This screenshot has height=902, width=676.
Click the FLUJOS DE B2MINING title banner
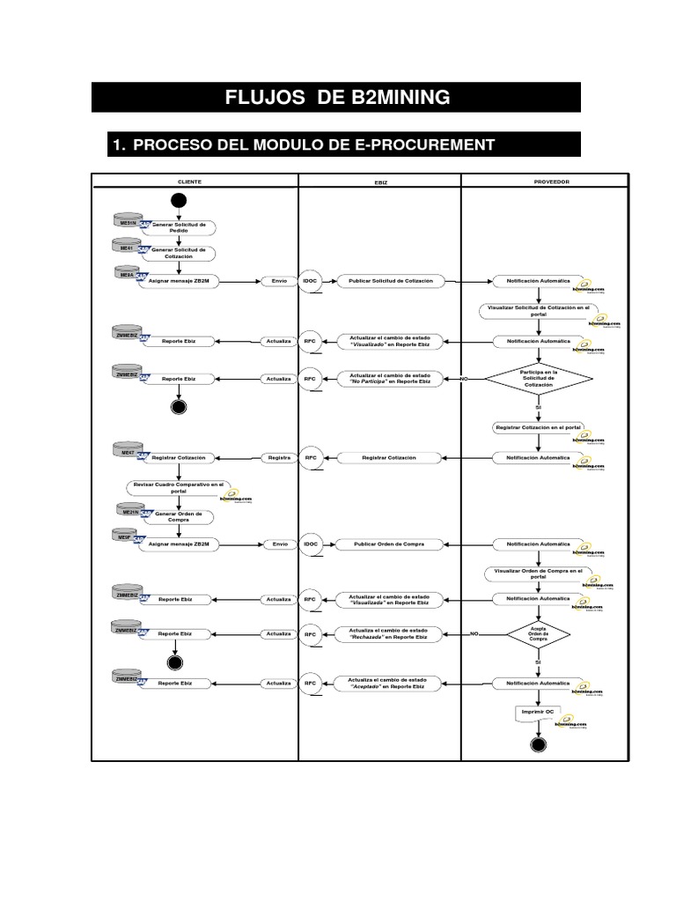[x=336, y=97]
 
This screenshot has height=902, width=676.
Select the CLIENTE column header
[x=189, y=181]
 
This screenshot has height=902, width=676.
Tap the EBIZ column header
[x=380, y=181]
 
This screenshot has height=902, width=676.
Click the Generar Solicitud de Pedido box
[x=180, y=227]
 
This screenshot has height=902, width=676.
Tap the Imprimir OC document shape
[x=537, y=713]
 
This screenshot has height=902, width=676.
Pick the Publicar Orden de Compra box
[x=389, y=544]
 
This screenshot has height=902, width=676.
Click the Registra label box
[x=279, y=458]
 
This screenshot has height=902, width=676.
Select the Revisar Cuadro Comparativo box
[x=180, y=487]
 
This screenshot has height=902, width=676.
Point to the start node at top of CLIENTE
[x=179, y=200]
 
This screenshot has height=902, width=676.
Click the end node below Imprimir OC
[x=539, y=745]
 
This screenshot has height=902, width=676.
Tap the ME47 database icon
[x=128, y=452]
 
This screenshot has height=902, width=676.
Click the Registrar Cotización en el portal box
[x=538, y=427]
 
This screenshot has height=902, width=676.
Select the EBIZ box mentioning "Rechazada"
[x=388, y=633]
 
